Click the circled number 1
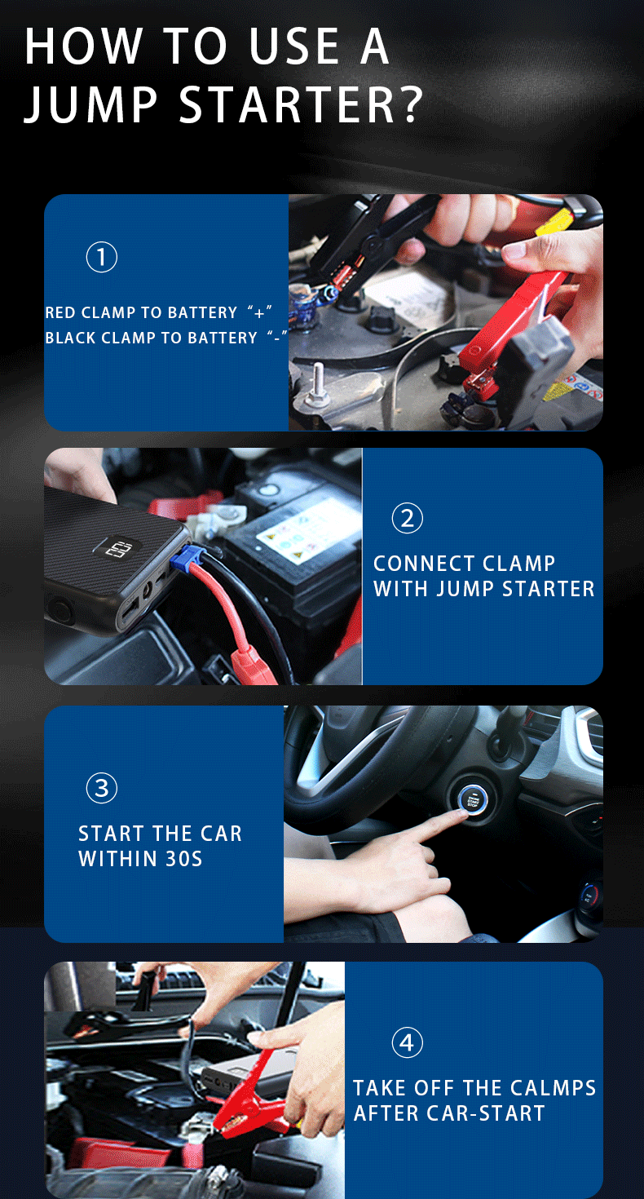[102, 257]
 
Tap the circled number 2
[407, 518]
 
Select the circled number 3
[102, 788]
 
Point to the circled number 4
[407, 1042]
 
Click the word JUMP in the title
[90, 104]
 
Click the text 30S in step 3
[183, 859]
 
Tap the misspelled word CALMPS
[553, 1088]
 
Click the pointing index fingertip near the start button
[462, 813]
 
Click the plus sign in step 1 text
[259, 312]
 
